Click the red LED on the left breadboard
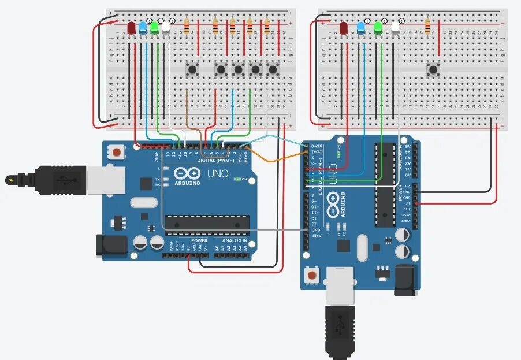132,28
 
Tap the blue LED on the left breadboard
143,28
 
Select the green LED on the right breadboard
378,27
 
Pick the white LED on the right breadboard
396,27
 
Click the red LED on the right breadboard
344,27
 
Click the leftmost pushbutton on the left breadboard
192,70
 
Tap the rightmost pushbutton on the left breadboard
273,70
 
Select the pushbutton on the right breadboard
433,70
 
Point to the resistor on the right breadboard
427,27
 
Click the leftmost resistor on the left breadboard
187,27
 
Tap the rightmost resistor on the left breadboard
267,27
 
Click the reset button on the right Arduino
312,274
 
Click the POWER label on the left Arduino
199,240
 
